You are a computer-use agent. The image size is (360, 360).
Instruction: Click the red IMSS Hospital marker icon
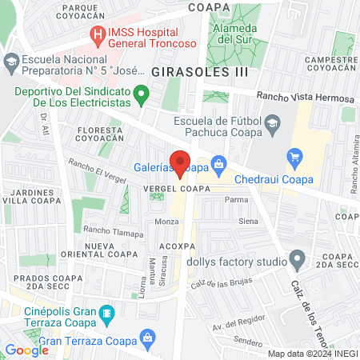pos(98,35)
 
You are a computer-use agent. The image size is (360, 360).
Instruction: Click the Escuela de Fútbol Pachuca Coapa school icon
pos(273,122)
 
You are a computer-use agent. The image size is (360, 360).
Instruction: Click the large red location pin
pos(180,162)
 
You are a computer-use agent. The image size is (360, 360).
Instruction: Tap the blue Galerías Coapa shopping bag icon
pos(218,166)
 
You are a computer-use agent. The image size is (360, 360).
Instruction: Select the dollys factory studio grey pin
pos(298,259)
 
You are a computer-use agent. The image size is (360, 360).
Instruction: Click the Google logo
pos(26,350)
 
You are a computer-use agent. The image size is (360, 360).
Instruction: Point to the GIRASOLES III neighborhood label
pos(200,71)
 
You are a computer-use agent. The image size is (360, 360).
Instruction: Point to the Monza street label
pos(166,221)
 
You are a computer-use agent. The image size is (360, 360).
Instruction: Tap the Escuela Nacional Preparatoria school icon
pos(12,61)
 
